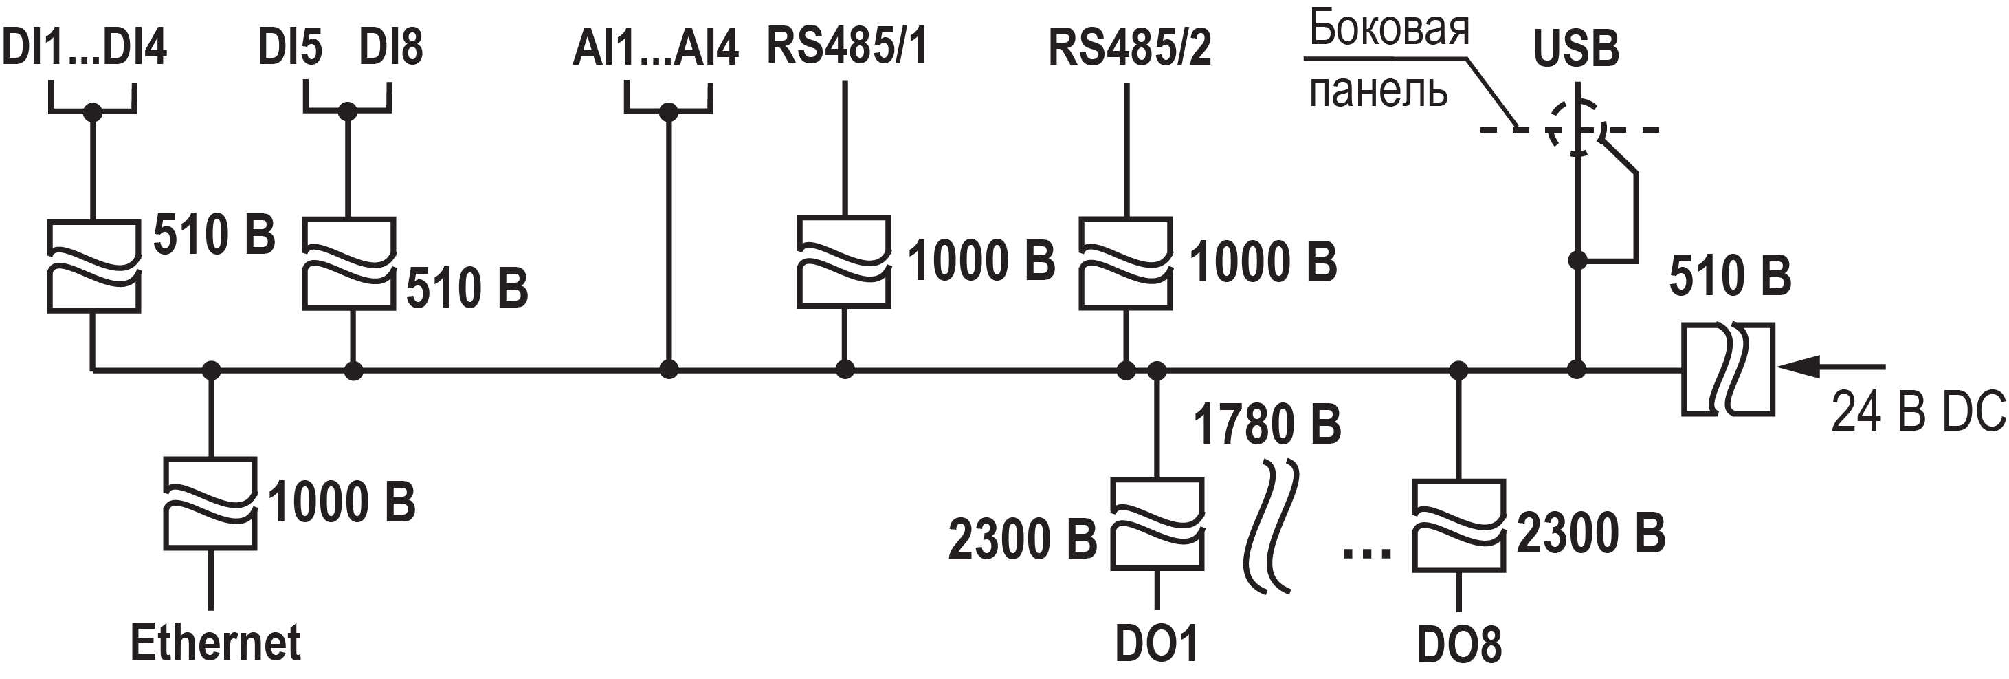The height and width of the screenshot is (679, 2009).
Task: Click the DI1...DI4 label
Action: [x=85, y=47]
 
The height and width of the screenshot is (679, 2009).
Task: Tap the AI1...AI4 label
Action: [x=655, y=47]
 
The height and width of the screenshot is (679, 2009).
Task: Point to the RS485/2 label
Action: [x=1129, y=47]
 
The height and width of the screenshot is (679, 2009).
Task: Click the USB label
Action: [x=1575, y=48]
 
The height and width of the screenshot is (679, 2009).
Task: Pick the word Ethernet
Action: [x=215, y=643]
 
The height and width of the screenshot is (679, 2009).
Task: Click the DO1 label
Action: [x=1157, y=645]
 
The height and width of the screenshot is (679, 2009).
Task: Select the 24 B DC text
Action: [x=1918, y=411]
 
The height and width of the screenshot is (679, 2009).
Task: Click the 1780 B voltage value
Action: [x=1267, y=425]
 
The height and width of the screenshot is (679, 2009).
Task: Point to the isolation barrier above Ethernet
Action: [x=210, y=504]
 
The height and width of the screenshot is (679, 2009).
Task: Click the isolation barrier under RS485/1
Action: [x=844, y=261]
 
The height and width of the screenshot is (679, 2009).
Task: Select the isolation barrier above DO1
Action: [x=1157, y=524]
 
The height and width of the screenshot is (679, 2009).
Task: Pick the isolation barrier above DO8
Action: [x=1458, y=527]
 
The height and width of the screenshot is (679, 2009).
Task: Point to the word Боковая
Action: [x=1388, y=29]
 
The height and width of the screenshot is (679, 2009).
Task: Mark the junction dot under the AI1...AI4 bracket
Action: [x=668, y=112]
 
